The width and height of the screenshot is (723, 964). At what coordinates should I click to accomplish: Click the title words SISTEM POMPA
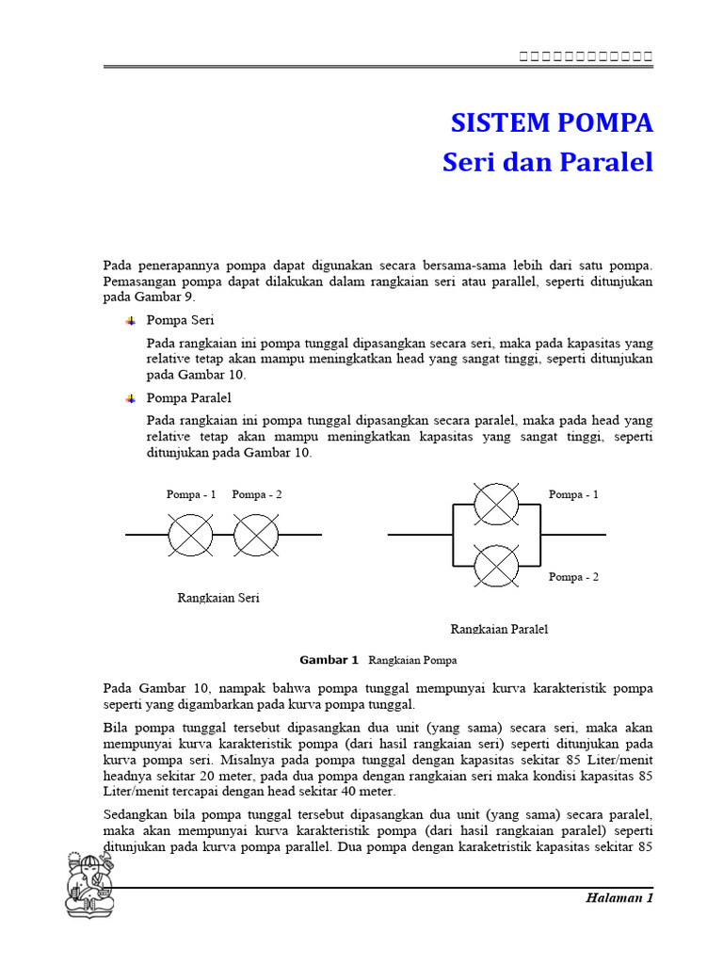(552, 123)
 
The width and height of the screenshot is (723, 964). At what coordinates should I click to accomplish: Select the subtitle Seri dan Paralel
(547, 162)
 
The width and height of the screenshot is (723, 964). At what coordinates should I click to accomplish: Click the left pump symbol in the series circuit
(191, 535)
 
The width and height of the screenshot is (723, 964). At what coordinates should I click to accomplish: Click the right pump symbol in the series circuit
(256, 535)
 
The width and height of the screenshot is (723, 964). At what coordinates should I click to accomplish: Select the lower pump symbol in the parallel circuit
(496, 567)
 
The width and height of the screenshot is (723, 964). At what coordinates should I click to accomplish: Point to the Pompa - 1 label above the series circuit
(191, 494)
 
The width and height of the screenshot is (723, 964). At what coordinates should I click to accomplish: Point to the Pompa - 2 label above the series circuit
(256, 494)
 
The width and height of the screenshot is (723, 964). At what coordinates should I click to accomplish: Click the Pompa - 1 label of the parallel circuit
(573, 494)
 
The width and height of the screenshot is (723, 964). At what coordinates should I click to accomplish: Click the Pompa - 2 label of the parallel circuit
(573, 577)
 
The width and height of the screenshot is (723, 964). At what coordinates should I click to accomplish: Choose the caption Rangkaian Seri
(218, 598)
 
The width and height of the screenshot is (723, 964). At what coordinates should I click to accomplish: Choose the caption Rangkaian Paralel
(499, 629)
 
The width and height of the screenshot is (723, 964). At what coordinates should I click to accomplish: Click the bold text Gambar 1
(329, 660)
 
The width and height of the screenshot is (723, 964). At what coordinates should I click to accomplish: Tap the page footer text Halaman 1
(619, 897)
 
